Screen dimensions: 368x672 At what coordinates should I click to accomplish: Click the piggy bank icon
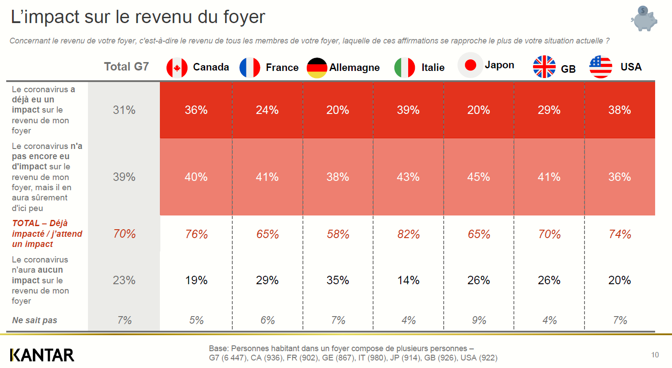pyautogui.click(x=644, y=18)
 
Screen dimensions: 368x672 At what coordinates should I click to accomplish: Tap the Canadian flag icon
pyautogui.click(x=177, y=68)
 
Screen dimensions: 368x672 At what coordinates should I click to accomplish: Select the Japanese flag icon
pyautogui.click(x=470, y=65)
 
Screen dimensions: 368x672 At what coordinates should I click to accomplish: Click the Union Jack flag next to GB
pyautogui.click(x=544, y=67)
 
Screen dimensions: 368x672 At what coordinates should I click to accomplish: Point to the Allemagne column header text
pyautogui.click(x=354, y=67)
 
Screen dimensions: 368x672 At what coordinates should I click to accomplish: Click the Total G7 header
pyautogui.click(x=126, y=67)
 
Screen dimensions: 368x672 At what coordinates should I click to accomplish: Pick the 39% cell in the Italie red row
pyautogui.click(x=408, y=110)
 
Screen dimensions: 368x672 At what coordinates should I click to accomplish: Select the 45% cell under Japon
pyautogui.click(x=478, y=177)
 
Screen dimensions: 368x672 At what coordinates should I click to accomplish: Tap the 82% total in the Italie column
pyautogui.click(x=408, y=234)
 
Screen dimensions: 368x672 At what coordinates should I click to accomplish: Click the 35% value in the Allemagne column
pyautogui.click(x=338, y=280)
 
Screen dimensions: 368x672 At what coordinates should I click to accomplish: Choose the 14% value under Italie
pyautogui.click(x=408, y=280)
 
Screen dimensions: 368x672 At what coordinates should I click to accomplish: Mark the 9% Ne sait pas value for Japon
pyautogui.click(x=479, y=320)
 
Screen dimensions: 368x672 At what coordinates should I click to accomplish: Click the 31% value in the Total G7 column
pyautogui.click(x=124, y=110)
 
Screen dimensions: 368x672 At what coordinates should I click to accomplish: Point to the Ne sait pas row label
pyautogui.click(x=35, y=320)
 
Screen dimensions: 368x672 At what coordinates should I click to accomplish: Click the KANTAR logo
pyautogui.click(x=42, y=355)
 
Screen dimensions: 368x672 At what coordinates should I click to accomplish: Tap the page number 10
pyautogui.click(x=655, y=355)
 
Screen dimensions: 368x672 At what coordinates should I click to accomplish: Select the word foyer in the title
pyautogui.click(x=244, y=17)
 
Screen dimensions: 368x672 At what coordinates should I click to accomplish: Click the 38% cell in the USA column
pyautogui.click(x=619, y=110)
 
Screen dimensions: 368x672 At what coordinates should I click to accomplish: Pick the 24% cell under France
pyautogui.click(x=267, y=110)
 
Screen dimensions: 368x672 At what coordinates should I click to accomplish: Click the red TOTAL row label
pyautogui.click(x=47, y=234)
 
